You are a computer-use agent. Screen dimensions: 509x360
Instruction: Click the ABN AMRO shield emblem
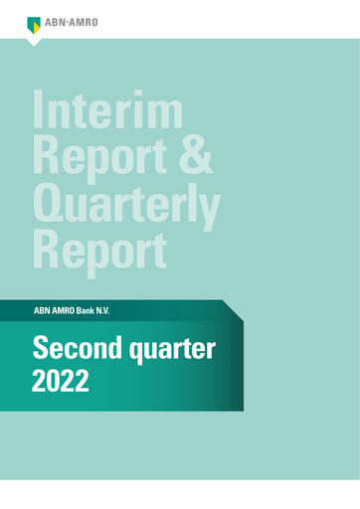[x=34, y=22]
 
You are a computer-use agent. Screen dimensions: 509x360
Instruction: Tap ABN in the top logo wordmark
[x=56, y=23]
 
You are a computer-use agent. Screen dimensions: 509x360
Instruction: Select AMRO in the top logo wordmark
[x=84, y=23]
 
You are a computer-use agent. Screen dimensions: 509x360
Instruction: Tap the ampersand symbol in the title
[x=196, y=156]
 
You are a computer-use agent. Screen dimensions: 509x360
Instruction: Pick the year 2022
[x=62, y=382]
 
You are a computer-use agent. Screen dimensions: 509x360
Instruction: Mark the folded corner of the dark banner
[x=234, y=311]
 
